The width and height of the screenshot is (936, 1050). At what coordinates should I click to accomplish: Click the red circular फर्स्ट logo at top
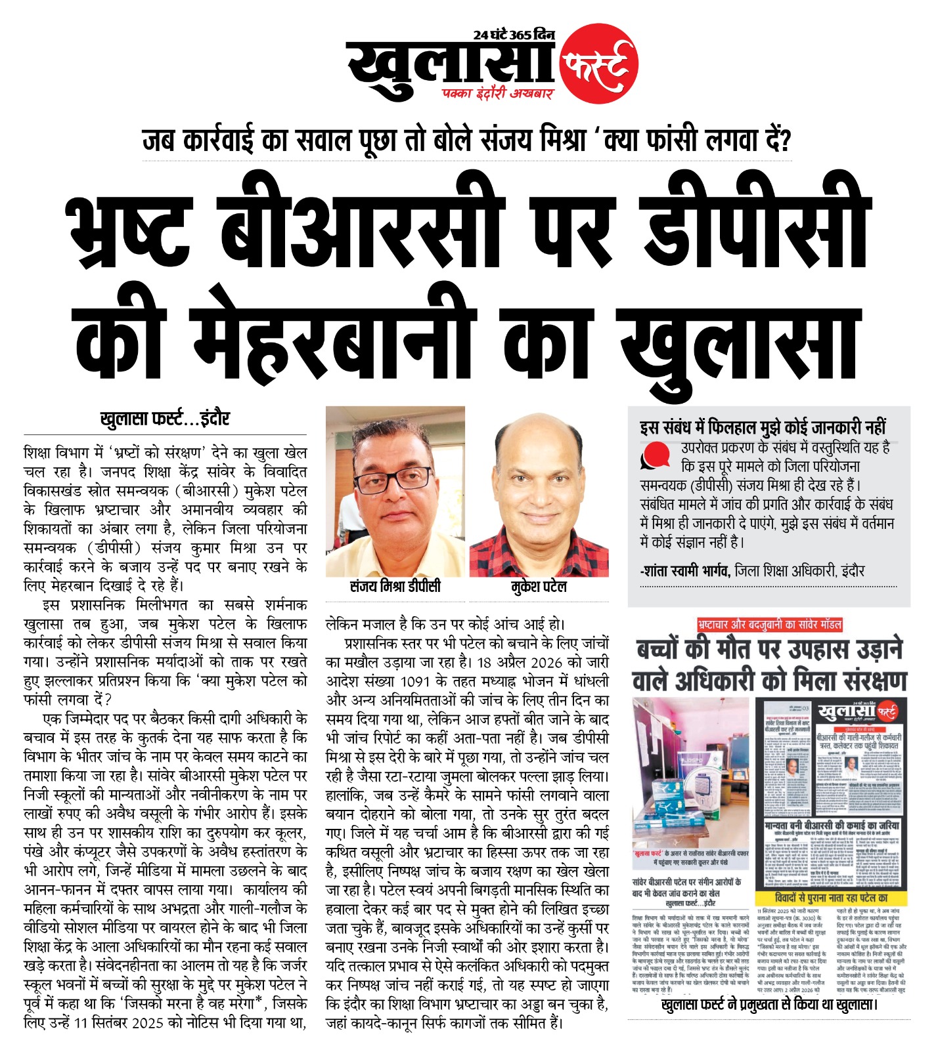598,64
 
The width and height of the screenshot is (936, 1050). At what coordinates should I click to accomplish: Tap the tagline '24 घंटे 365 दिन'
514,35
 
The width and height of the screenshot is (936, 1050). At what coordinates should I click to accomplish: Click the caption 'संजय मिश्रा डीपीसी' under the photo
395,587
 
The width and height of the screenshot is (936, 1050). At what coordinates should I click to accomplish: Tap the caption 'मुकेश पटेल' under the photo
539,587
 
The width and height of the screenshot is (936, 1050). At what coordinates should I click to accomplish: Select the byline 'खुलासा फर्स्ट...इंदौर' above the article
165,419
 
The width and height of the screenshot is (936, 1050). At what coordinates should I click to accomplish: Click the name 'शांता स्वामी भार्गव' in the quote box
684,572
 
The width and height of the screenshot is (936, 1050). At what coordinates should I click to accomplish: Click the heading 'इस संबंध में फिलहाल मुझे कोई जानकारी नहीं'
763,427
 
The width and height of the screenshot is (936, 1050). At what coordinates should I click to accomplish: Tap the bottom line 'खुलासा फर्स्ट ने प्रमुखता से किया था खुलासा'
769,1005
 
